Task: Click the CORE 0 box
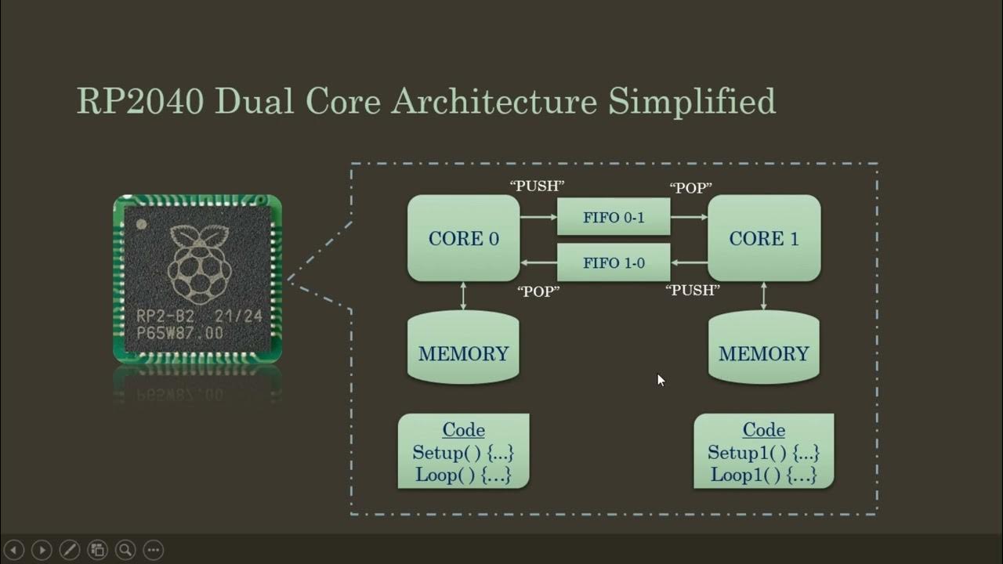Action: pyautogui.click(x=463, y=238)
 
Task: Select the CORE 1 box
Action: pyautogui.click(x=764, y=238)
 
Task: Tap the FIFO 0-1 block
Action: pyautogui.click(x=614, y=217)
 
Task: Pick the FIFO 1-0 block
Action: pyautogui.click(x=614, y=263)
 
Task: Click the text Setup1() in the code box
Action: pyautogui.click(x=736, y=453)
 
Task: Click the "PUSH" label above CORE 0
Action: pyautogui.click(x=538, y=186)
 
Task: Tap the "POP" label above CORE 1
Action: pyautogui.click(x=690, y=189)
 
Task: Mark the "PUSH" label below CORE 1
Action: pyautogui.click(x=693, y=291)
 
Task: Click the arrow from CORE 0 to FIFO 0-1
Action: pyautogui.click(x=538, y=217)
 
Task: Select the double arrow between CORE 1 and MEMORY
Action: pyautogui.click(x=764, y=295)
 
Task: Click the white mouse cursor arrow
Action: pyautogui.click(x=661, y=380)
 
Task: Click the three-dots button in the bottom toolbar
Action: pyautogui.click(x=154, y=549)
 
